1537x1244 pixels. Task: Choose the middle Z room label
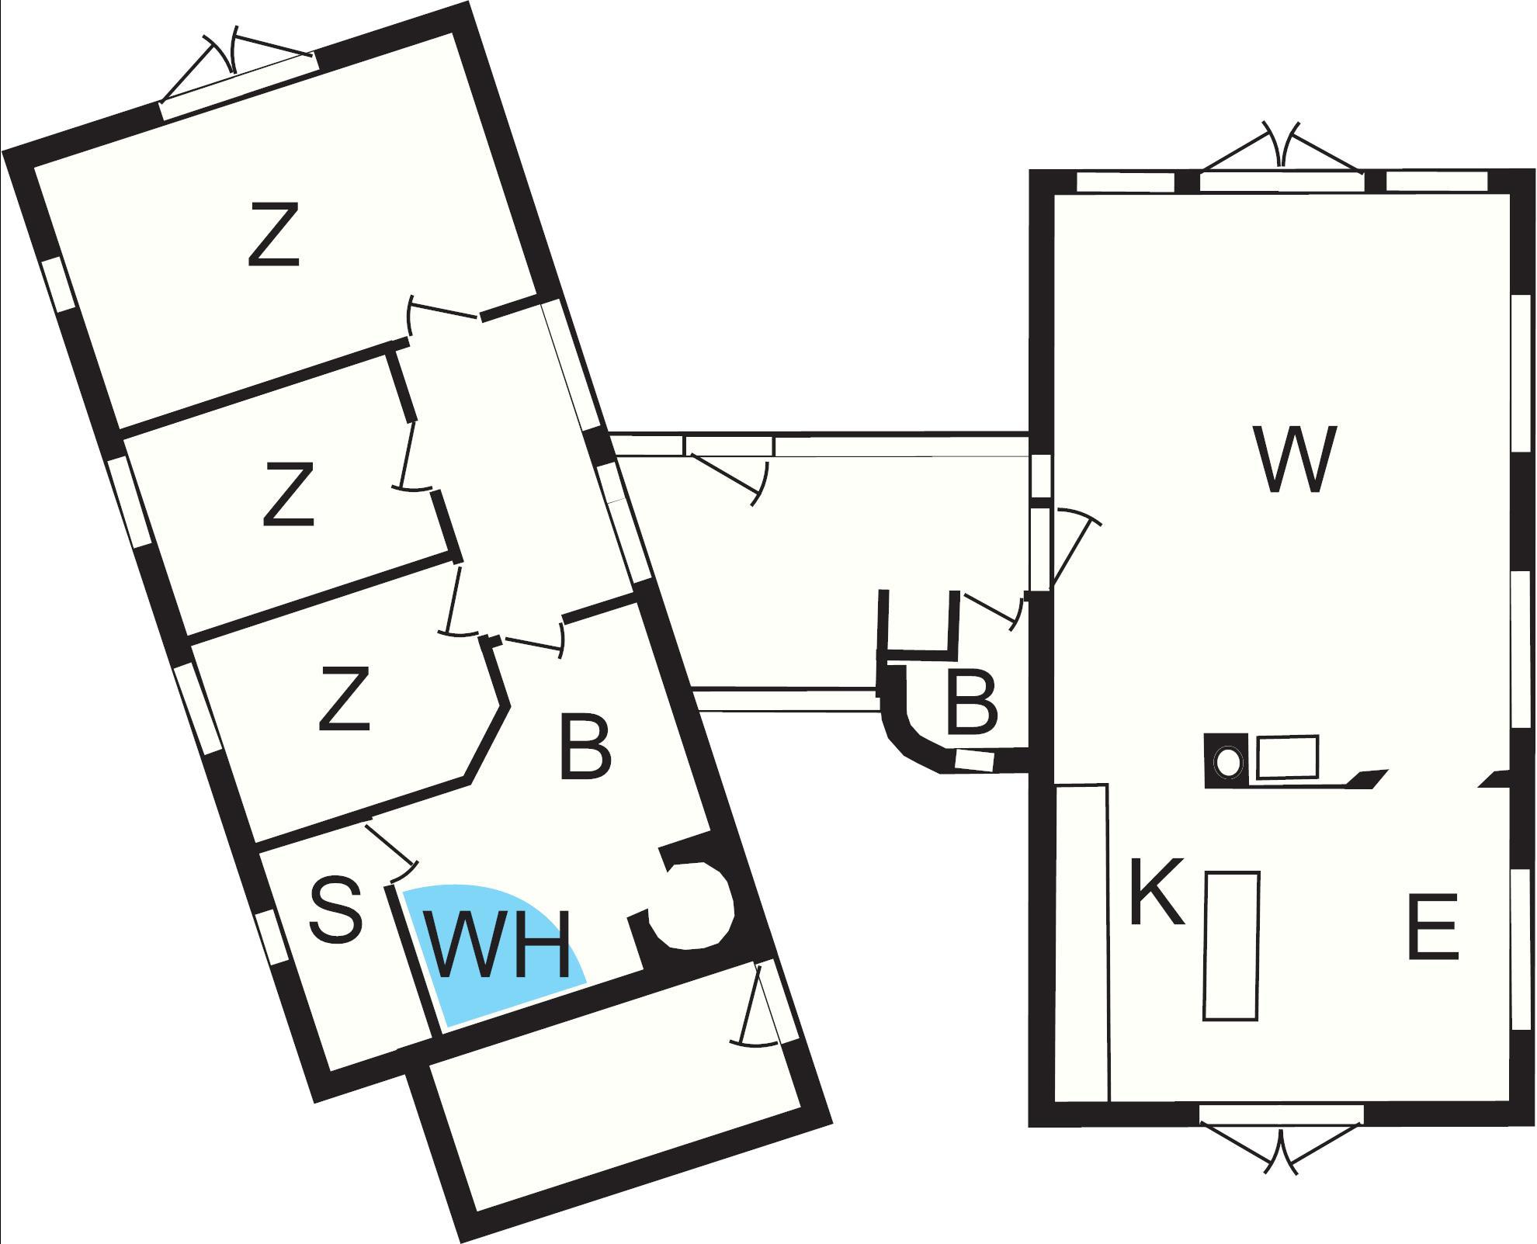click(289, 494)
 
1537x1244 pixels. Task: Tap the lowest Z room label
click(344, 698)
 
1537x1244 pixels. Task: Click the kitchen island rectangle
click(1231, 945)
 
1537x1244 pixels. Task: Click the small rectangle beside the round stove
click(1287, 756)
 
